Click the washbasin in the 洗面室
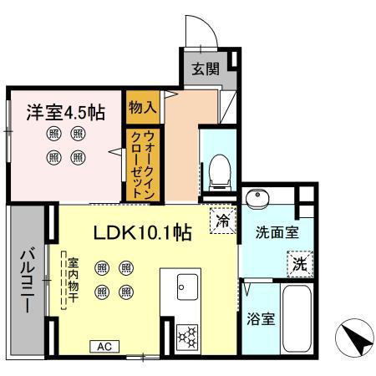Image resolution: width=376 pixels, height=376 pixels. point(257,198)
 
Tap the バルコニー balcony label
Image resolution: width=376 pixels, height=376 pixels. point(27,279)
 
